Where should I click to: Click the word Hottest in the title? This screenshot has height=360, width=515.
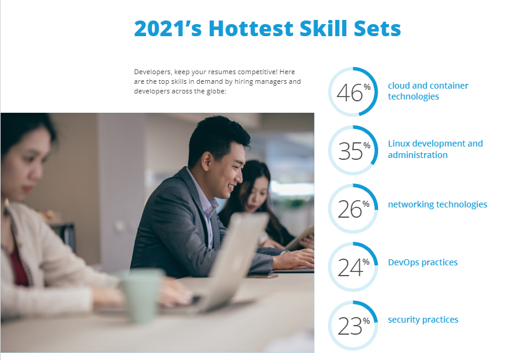(251, 28)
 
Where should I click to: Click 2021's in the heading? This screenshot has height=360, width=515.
(168, 28)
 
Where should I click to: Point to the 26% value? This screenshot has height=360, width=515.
(353, 209)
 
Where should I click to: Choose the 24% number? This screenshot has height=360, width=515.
(353, 267)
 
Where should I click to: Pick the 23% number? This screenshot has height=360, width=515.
(353, 326)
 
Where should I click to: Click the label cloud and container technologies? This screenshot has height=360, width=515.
(428, 91)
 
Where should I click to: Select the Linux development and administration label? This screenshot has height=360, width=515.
(435, 149)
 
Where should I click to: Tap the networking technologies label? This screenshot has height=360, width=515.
(437, 204)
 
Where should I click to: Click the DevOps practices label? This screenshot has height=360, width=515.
(423, 262)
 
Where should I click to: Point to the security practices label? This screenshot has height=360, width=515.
(423, 320)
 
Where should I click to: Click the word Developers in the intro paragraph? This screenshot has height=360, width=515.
(153, 72)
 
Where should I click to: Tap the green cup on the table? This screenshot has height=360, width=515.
(142, 294)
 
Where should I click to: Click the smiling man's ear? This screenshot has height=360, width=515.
(207, 160)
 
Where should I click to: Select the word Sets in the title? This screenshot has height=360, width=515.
(378, 28)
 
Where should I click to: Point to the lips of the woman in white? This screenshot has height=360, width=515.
(27, 189)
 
